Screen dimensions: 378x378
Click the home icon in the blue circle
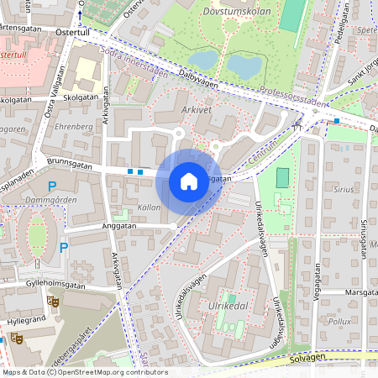(x=189, y=181)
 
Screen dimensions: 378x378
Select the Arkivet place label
(x=196, y=110)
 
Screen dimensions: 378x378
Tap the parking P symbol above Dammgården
(x=52, y=186)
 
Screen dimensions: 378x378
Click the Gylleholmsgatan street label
(x=56, y=286)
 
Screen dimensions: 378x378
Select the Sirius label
(x=344, y=191)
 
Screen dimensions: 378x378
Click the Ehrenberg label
(x=72, y=126)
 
